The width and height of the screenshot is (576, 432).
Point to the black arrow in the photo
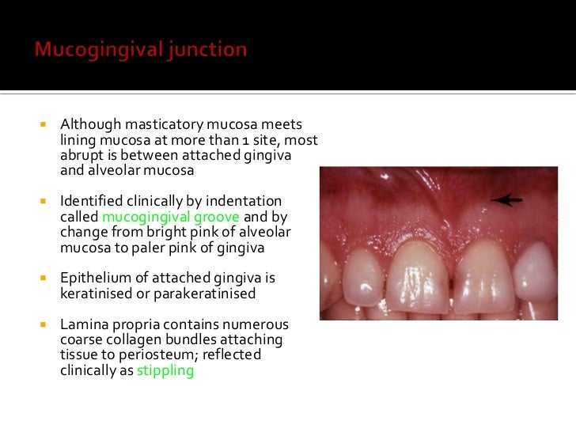[506, 200]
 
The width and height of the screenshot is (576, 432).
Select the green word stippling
[165, 370]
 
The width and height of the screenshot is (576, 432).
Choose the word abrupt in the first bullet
[81, 155]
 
